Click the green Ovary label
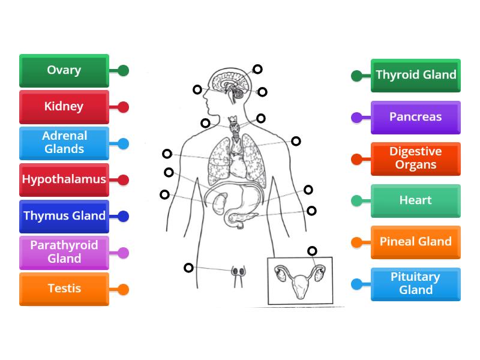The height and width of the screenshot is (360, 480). tap(64, 71)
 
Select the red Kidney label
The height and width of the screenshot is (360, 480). tap(64, 107)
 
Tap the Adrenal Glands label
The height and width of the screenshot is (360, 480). tap(64, 143)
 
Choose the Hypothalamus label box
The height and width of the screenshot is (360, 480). tap(64, 179)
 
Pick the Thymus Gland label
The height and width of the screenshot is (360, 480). tap(64, 216)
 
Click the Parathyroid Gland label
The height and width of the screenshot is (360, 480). tap(64, 252)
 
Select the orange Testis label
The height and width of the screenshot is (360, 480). tap(64, 289)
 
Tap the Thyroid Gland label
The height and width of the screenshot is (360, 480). tap(416, 75)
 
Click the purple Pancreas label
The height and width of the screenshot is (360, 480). tap(416, 117)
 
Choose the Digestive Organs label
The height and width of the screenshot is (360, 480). tap(416, 158)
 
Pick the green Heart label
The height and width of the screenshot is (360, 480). tap(416, 200)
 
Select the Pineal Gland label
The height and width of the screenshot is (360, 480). tap(416, 242)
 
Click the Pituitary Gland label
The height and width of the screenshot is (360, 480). tap(416, 284)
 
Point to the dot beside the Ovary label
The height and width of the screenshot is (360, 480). tap(124, 71)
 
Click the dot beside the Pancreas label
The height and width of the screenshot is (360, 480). tap(356, 118)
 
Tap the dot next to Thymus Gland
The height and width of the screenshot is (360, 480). tap(124, 216)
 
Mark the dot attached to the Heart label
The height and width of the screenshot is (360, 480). tap(356, 201)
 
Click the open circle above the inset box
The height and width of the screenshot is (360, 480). tap(312, 251)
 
